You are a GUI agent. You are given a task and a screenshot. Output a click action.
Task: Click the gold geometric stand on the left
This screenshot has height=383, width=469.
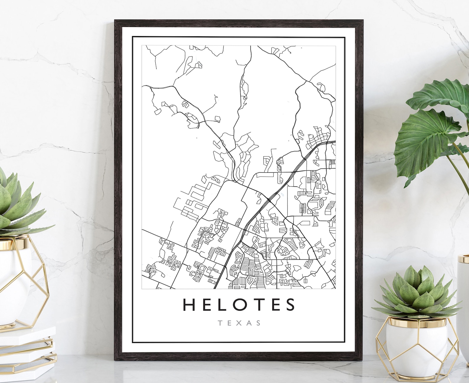coord(24,283)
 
